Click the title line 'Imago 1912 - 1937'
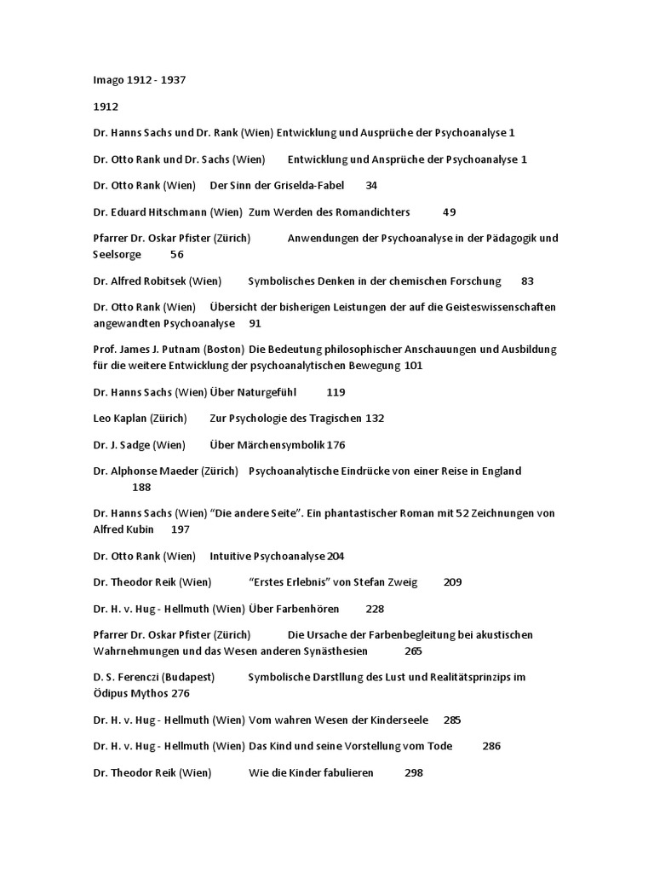click(x=140, y=81)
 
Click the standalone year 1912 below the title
click(x=106, y=107)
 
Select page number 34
click(x=371, y=186)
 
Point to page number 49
click(x=450, y=212)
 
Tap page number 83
click(x=527, y=281)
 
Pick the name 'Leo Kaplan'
click(x=120, y=419)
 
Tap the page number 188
click(x=141, y=488)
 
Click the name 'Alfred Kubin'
click(x=124, y=529)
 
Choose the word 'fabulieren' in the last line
click(x=345, y=772)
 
